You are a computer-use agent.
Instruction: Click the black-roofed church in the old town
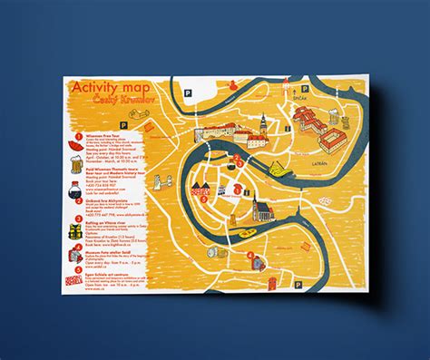click(x=238, y=210)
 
